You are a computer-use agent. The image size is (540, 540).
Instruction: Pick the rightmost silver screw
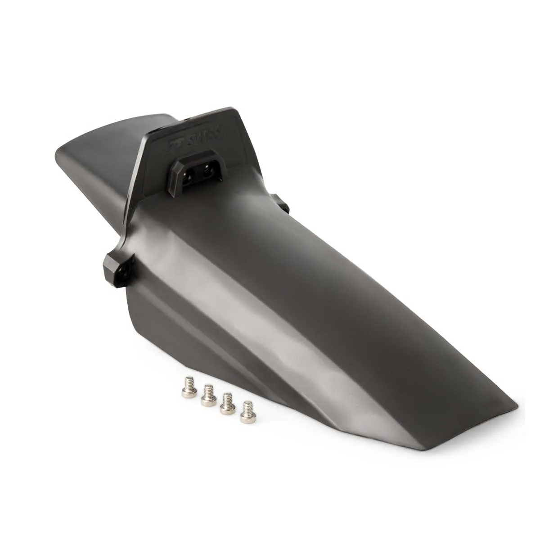pos(246,414)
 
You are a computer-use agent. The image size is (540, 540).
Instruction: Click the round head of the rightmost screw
pos(246,418)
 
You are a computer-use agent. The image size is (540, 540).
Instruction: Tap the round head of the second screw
pos(207,400)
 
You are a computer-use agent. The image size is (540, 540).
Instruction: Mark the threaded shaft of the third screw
pos(227,400)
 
